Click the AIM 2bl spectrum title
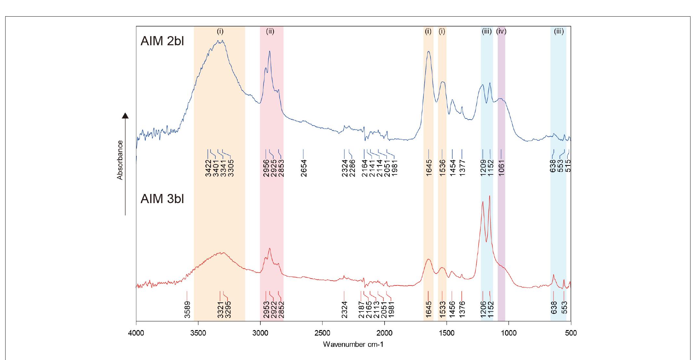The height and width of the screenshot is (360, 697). tap(162, 41)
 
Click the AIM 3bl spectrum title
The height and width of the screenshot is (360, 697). tap(162, 199)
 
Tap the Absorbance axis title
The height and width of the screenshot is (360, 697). tap(120, 160)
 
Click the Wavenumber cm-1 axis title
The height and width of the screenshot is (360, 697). tap(353, 344)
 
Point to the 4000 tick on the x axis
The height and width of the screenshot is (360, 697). tap(136, 333)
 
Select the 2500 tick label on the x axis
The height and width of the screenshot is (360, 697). tap(322, 333)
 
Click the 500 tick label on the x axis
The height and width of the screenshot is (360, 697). tap(571, 333)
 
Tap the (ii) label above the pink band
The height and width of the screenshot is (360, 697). tap(270, 31)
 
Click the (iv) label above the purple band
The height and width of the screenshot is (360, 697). tap(501, 31)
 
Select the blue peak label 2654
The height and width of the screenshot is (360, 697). tap(304, 168)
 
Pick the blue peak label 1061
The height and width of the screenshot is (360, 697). tap(501, 168)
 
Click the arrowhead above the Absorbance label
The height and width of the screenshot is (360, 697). tap(125, 115)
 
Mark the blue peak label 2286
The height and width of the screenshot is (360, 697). tap(352, 168)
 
